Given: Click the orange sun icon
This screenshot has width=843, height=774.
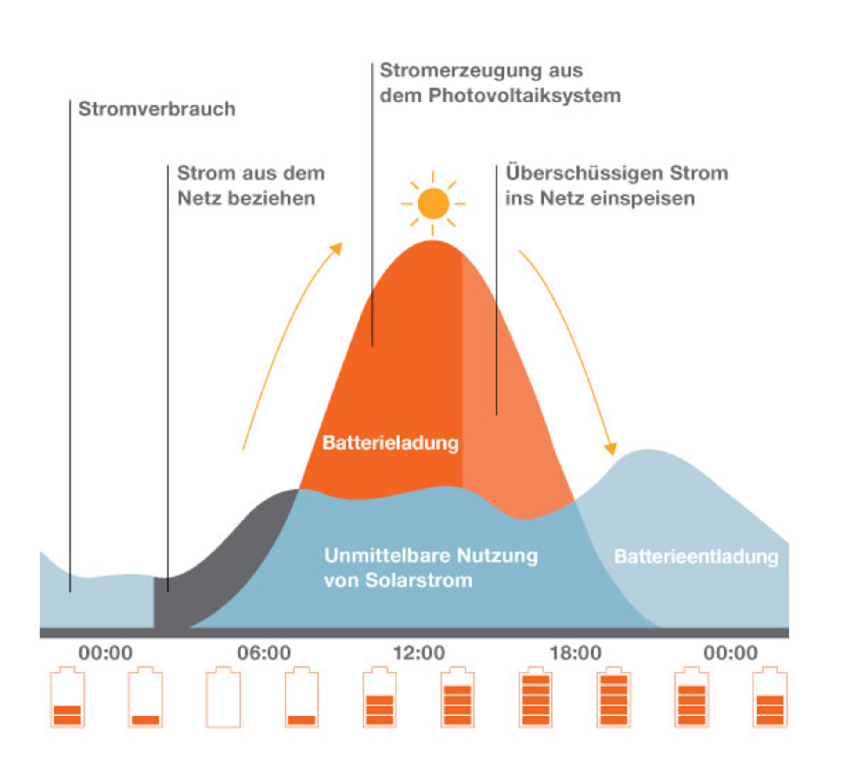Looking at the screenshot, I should (433, 203).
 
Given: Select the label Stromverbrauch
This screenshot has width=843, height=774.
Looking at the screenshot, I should (157, 109).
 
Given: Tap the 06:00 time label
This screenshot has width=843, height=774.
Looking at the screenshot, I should (263, 653).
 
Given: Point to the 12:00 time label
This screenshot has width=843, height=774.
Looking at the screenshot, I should (419, 653).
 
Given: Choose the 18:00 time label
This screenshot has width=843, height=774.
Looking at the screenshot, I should (575, 653).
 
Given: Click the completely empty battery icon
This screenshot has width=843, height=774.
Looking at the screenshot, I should (223, 698).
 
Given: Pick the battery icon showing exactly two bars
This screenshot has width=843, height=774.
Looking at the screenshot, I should (67, 698).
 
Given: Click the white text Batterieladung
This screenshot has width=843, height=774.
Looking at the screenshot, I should (390, 443).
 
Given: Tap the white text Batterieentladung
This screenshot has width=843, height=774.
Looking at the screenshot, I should (696, 556).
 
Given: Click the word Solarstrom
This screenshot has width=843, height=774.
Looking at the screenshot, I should (419, 581).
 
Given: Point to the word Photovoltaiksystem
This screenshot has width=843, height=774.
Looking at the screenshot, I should (525, 96).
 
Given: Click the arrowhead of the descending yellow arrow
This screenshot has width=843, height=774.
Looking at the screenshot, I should (611, 449).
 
